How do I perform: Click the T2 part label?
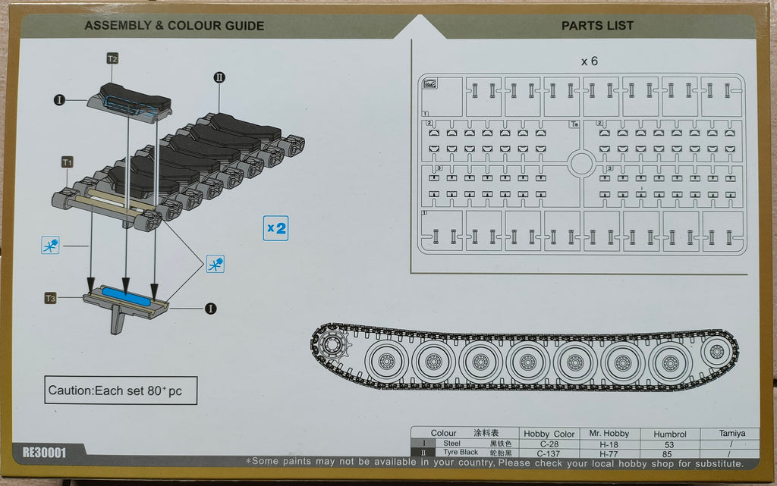coord(112,58)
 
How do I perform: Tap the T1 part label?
coord(68,162)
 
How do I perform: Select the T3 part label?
coord(50,299)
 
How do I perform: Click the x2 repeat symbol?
coord(276,227)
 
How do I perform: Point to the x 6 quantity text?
coord(589,61)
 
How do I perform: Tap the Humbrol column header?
coord(668,434)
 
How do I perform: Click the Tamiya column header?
coord(728,433)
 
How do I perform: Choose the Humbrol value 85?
coord(668,453)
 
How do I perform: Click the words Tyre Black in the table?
coord(458,453)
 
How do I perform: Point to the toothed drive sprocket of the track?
coord(331,346)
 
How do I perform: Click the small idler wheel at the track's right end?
coord(715,353)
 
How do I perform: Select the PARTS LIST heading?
coord(597,26)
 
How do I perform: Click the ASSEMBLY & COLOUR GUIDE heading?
coord(175,26)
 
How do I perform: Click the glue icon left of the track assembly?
coord(50,246)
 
